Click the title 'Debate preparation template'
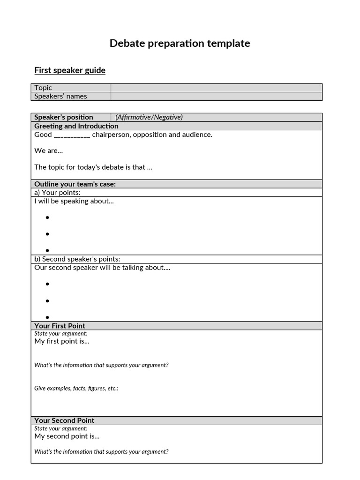click(180, 44)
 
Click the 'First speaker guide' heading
click(70, 70)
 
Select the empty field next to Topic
click(216, 88)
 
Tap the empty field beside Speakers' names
click(216, 96)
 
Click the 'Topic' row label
click(43, 88)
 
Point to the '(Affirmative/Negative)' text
click(149, 117)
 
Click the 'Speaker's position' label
click(64, 117)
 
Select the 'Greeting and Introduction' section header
click(76, 126)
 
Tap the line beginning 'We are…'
click(48, 150)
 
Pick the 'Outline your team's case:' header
click(75, 184)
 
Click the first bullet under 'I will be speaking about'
click(47, 217)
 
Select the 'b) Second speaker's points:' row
click(77, 259)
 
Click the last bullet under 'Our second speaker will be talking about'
click(47, 317)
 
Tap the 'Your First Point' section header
click(60, 326)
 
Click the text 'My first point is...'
click(62, 341)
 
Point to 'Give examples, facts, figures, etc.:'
click(76, 388)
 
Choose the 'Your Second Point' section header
click(64, 420)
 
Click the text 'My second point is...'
click(67, 436)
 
